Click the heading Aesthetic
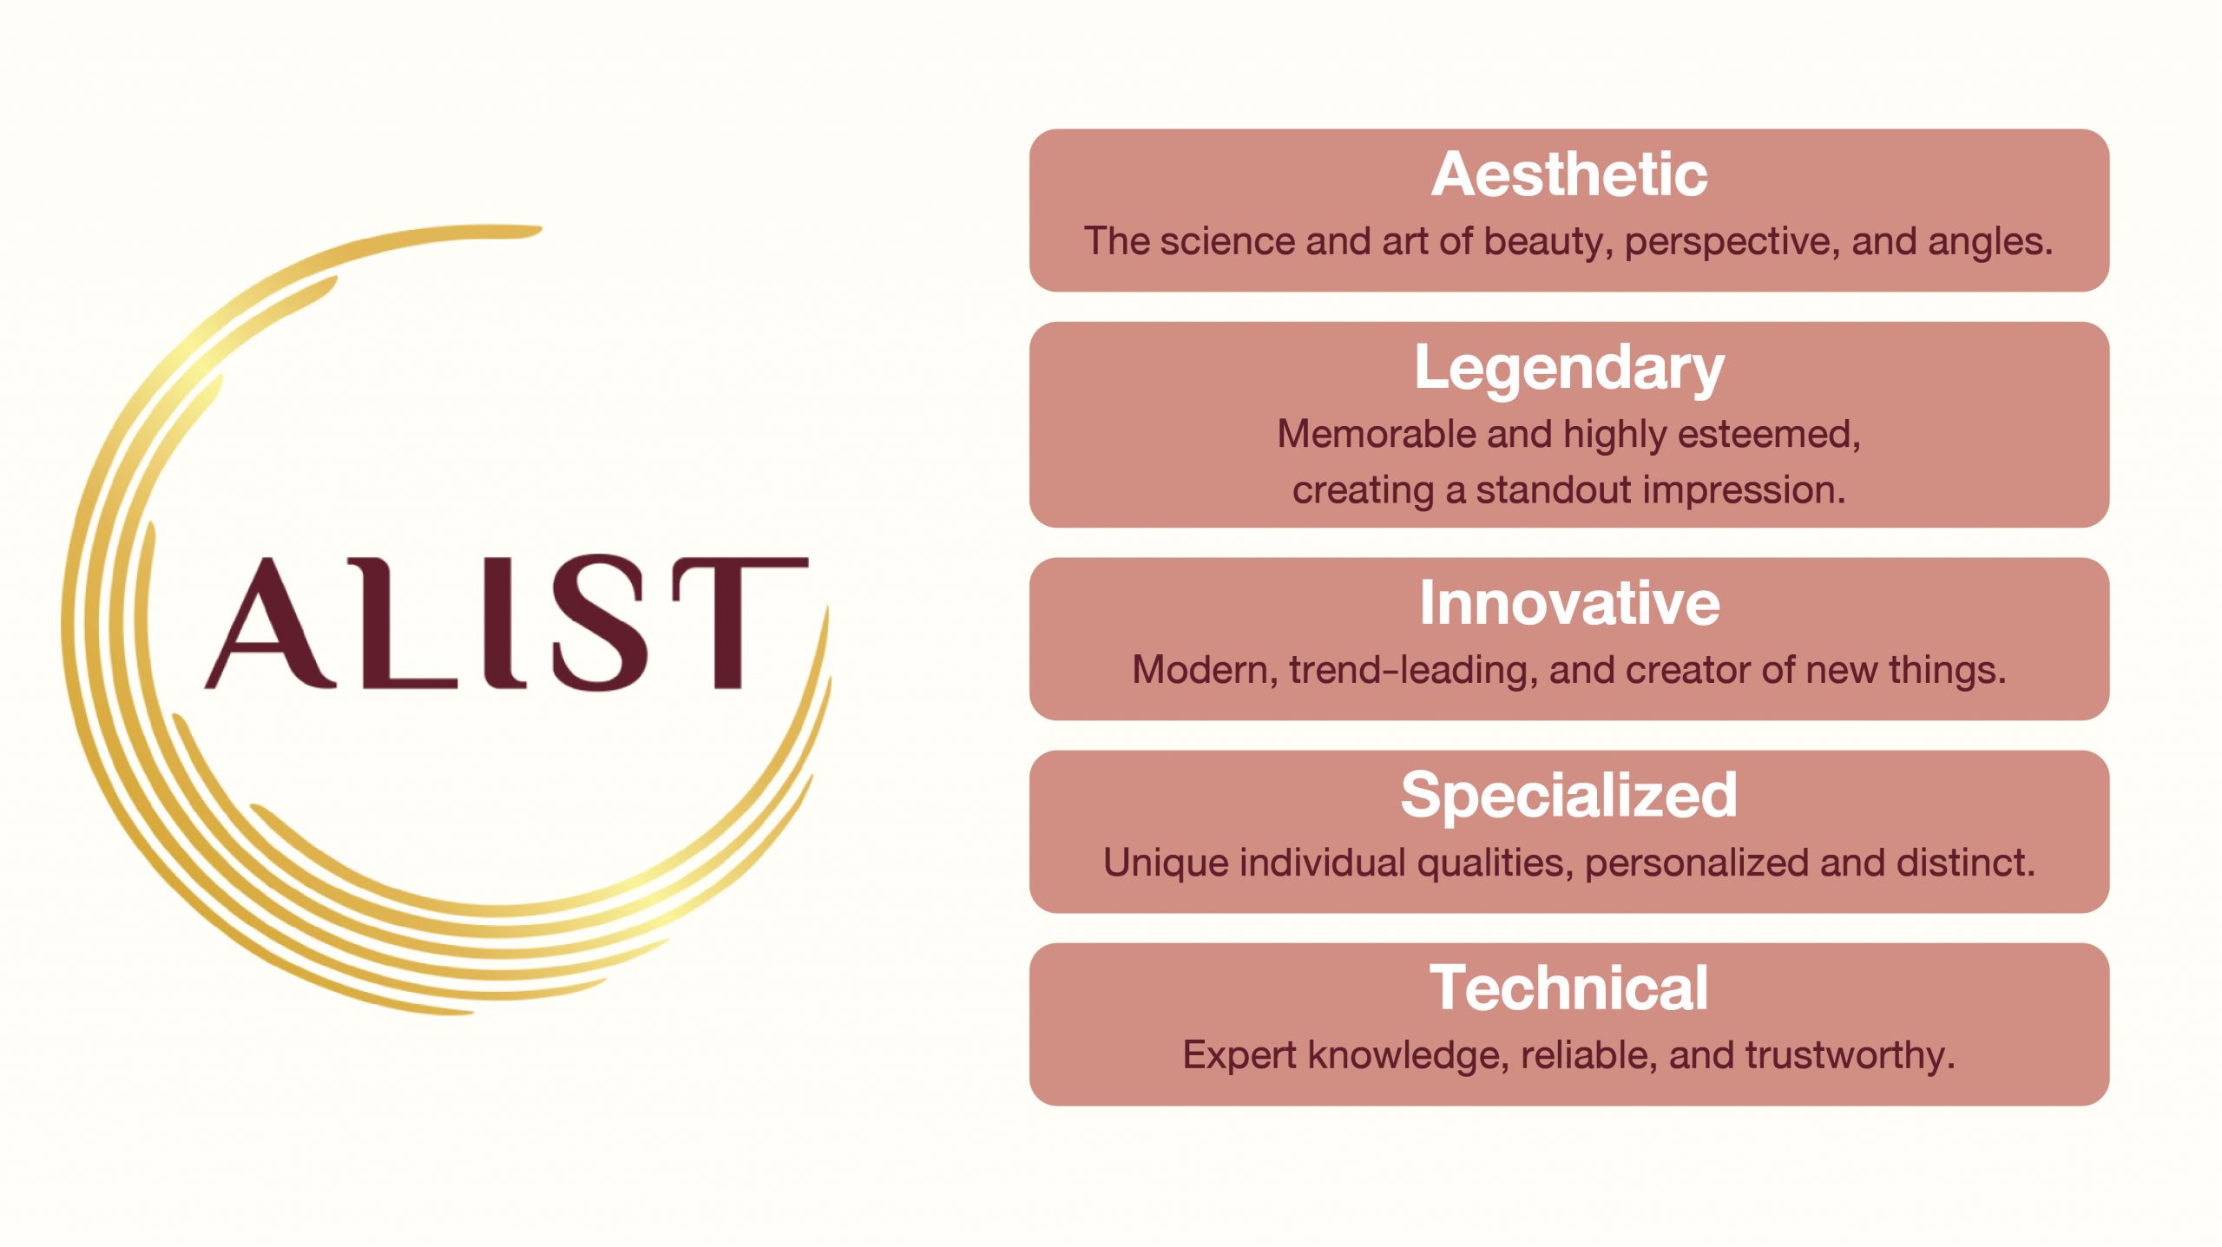1569,174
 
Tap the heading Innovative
1569,602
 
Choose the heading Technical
1569,988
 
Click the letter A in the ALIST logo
271,622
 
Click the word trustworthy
1850,1056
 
